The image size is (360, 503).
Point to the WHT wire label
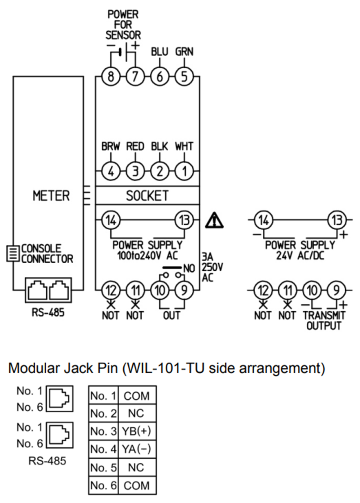(x=184, y=147)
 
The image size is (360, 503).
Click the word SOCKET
(x=147, y=196)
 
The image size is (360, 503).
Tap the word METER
(x=51, y=196)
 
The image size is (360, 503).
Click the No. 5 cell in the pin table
(x=103, y=467)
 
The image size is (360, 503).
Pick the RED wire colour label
(x=135, y=147)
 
